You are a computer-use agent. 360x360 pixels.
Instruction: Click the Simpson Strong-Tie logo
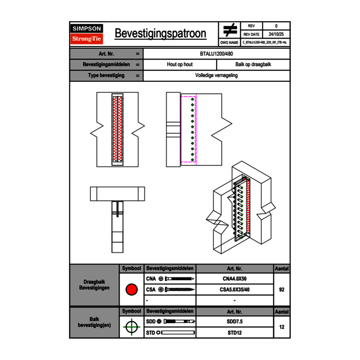(87, 34)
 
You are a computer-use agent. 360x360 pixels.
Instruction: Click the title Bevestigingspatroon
(160, 34)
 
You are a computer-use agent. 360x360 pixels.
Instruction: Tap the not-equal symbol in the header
(230, 30)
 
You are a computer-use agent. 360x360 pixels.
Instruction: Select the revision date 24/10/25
(276, 34)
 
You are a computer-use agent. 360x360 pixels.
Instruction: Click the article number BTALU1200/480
(216, 54)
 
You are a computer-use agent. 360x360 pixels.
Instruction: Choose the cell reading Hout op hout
(180, 65)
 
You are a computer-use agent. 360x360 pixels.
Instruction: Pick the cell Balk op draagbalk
(253, 65)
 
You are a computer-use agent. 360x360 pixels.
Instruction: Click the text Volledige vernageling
(216, 76)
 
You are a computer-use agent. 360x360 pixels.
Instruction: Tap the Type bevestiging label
(106, 76)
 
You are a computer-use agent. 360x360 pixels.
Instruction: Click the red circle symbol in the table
(131, 290)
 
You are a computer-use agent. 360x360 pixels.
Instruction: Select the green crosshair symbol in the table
(131, 327)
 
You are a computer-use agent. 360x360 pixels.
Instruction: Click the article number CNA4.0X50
(234, 279)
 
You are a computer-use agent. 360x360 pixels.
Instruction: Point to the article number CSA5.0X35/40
(234, 290)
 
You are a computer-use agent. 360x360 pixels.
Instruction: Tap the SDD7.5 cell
(234, 322)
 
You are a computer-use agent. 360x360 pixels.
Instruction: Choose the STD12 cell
(234, 333)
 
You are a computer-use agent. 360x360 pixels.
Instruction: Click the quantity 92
(281, 290)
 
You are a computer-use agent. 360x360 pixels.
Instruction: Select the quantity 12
(281, 327)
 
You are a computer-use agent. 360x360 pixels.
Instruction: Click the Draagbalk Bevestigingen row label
(94, 285)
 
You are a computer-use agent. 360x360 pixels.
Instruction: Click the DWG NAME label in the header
(229, 42)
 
